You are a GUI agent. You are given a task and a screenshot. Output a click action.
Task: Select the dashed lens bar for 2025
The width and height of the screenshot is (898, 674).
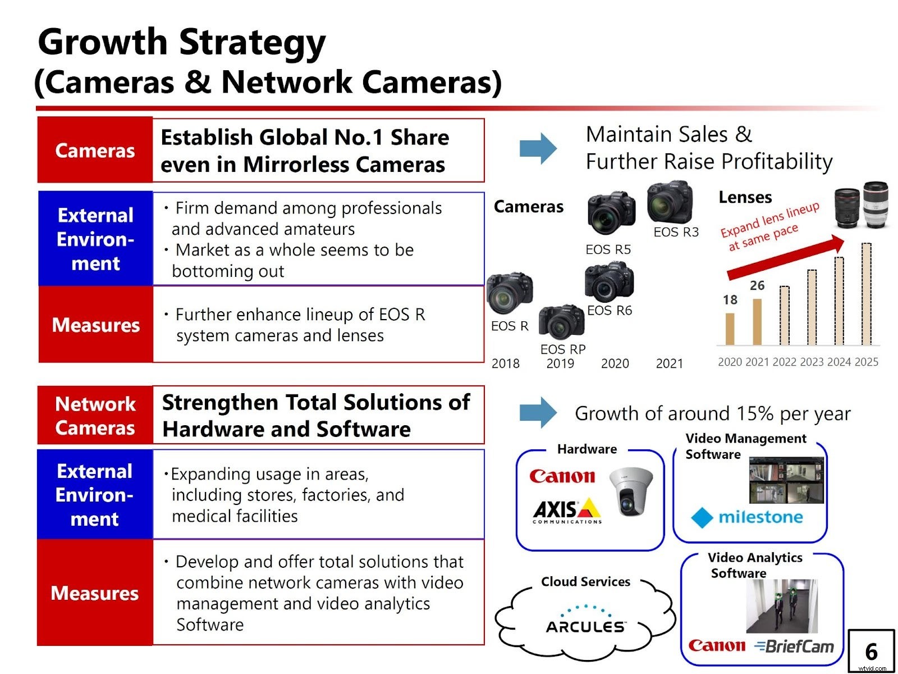pos(867,294)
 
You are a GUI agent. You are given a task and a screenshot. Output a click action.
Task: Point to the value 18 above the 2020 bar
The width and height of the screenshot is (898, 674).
pos(730,300)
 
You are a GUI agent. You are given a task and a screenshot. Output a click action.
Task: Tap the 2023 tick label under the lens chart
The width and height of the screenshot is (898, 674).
pos(812,362)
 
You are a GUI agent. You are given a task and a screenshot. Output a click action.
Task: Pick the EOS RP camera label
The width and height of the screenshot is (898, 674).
pos(562,349)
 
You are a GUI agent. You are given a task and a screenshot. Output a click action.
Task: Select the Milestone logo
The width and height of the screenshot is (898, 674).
pos(747,517)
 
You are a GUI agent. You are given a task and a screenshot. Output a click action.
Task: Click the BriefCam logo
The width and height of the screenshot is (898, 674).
pos(795,646)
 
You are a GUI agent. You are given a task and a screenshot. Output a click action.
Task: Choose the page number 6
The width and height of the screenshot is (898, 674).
pos(871,652)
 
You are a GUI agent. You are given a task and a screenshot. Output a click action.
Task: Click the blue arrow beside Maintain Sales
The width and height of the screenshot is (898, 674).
pos(538,148)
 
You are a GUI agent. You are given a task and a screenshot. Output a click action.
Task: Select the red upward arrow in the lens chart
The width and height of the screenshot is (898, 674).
pos(786,258)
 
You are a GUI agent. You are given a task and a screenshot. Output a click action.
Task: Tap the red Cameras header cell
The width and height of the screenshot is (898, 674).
pos(95,150)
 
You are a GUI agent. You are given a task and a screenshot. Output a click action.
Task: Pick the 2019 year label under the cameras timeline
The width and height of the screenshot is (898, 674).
pos(560,364)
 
